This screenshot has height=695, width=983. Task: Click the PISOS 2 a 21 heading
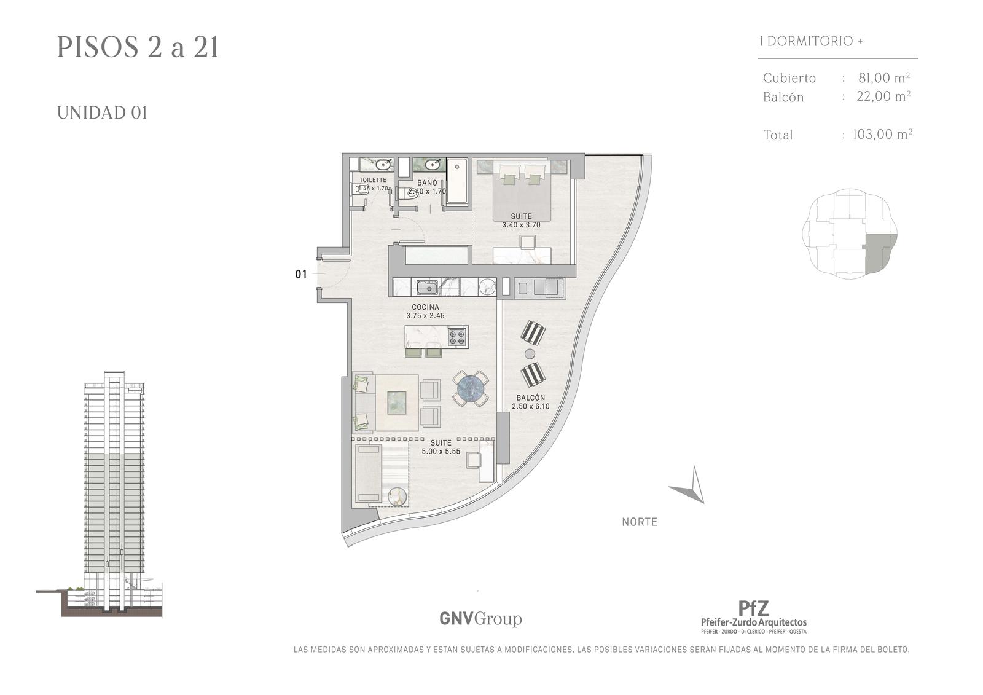point(138,47)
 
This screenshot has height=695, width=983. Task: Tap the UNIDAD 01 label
point(102,113)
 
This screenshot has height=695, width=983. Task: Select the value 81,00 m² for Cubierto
point(884,77)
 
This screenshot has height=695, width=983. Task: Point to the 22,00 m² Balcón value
point(883,96)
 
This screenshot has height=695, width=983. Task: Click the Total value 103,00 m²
point(882,134)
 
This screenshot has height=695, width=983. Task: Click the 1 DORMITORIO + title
point(812,41)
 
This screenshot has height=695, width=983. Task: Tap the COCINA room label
point(425,307)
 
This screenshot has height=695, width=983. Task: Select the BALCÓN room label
point(531,398)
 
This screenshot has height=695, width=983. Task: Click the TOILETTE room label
point(373,180)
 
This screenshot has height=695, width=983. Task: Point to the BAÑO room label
point(427,183)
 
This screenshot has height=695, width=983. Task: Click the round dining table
point(471,389)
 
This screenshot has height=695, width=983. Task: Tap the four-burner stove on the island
point(457,337)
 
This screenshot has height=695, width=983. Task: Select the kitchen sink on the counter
point(427,288)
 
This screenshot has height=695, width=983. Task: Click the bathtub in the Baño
point(457,181)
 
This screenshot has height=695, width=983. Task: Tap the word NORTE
point(640,522)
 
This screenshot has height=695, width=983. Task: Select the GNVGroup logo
point(480,619)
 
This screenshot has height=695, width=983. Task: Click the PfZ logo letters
point(753,608)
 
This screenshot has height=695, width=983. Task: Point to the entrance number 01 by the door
point(300,275)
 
